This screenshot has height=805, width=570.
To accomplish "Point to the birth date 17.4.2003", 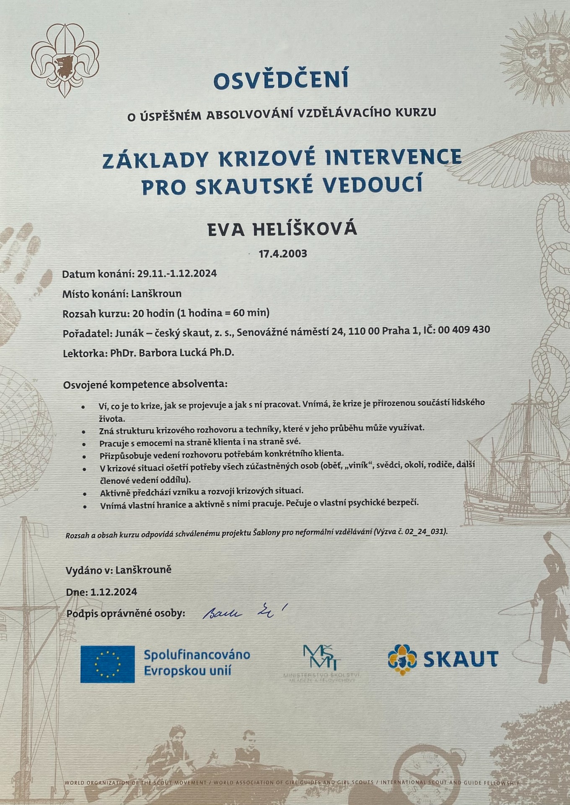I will click(283, 254).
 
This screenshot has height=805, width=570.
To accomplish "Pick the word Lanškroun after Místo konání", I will click(156, 293).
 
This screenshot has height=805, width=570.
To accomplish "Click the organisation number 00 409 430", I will click(464, 330).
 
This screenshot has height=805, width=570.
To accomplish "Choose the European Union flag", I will click(108, 664).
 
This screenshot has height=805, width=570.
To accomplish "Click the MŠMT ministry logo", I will click(322, 658).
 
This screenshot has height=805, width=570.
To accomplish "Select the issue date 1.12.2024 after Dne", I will click(114, 592).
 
